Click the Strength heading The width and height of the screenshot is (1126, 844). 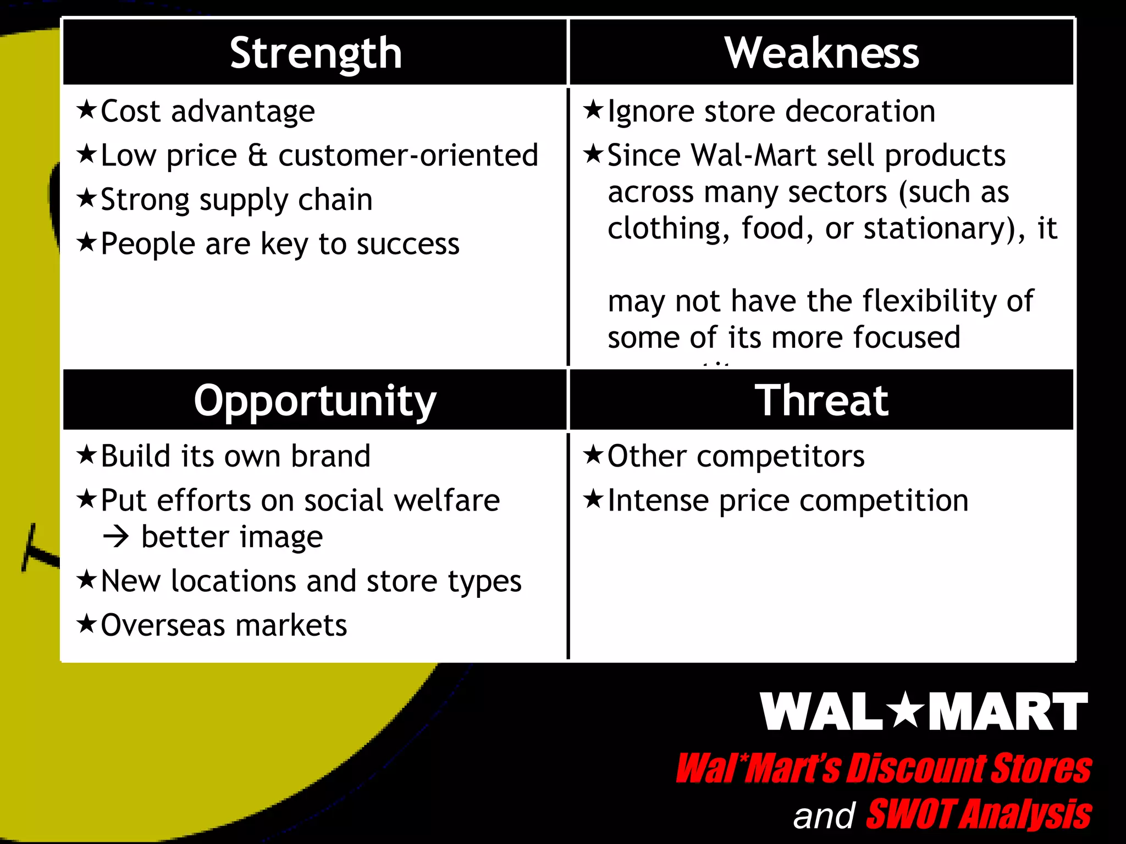click(x=316, y=53)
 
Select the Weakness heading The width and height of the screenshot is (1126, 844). click(x=821, y=53)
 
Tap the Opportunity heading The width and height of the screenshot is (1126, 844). click(x=315, y=401)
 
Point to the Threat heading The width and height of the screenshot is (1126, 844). click(x=821, y=401)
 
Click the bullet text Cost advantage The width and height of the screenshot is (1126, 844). click(x=208, y=112)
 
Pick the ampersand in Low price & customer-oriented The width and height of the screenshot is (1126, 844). click(x=257, y=156)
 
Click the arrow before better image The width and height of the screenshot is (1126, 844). click(x=116, y=537)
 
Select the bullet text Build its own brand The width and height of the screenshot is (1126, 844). click(x=235, y=456)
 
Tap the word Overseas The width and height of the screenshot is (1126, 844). click(x=163, y=625)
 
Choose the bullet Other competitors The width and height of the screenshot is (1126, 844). click(x=736, y=456)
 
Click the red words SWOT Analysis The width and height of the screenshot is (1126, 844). click(x=978, y=814)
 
